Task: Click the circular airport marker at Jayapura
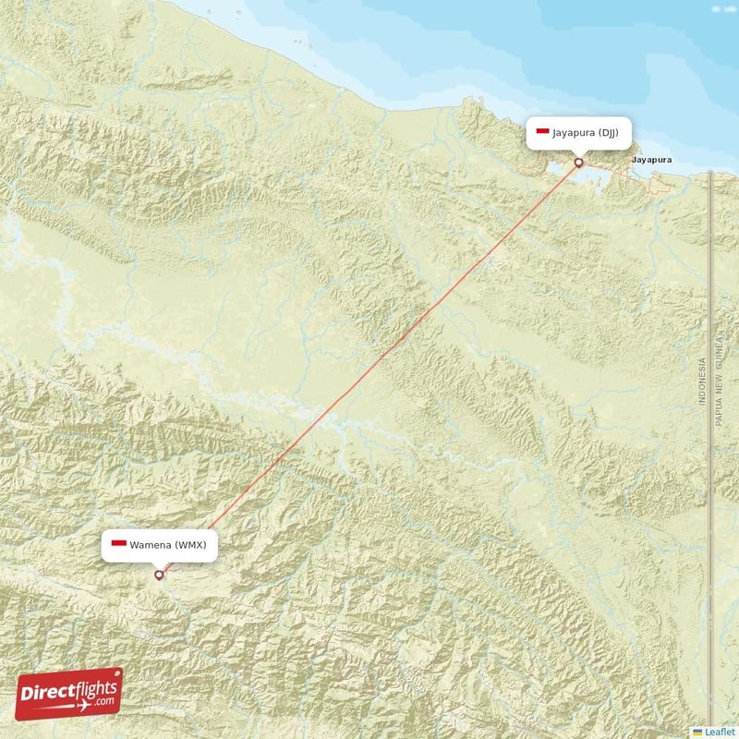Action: [579, 163]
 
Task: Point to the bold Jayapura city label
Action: [650, 160]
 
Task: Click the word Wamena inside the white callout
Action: [150, 545]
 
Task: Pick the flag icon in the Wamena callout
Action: [117, 545]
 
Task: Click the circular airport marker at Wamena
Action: [159, 575]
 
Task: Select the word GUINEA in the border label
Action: [717, 354]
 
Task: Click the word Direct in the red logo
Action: [50, 693]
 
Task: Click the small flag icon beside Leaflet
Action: [697, 732]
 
